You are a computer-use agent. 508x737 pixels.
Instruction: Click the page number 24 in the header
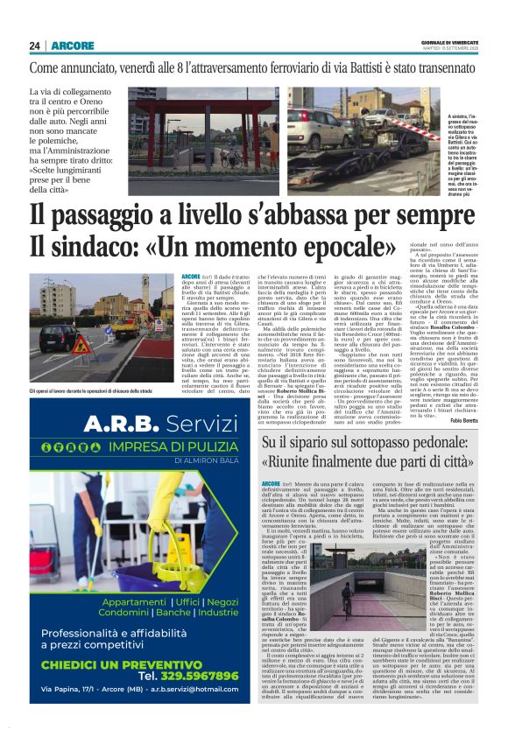pos(35,46)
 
